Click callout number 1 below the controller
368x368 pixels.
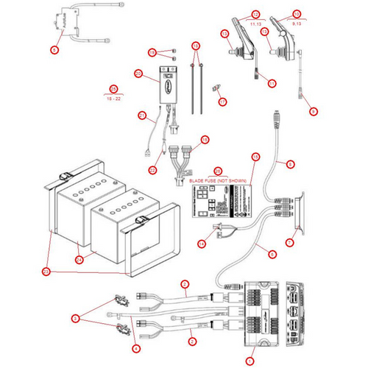(x=250, y=361)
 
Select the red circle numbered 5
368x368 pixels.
(x=74, y=319)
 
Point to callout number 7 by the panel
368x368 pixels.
(x=289, y=241)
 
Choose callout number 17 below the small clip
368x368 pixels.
(x=224, y=101)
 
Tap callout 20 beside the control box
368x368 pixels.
(x=138, y=73)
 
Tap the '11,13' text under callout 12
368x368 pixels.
(x=255, y=24)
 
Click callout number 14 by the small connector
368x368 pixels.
(x=201, y=243)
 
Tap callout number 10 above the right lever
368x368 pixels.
(x=297, y=14)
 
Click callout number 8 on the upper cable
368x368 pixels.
(x=289, y=163)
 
